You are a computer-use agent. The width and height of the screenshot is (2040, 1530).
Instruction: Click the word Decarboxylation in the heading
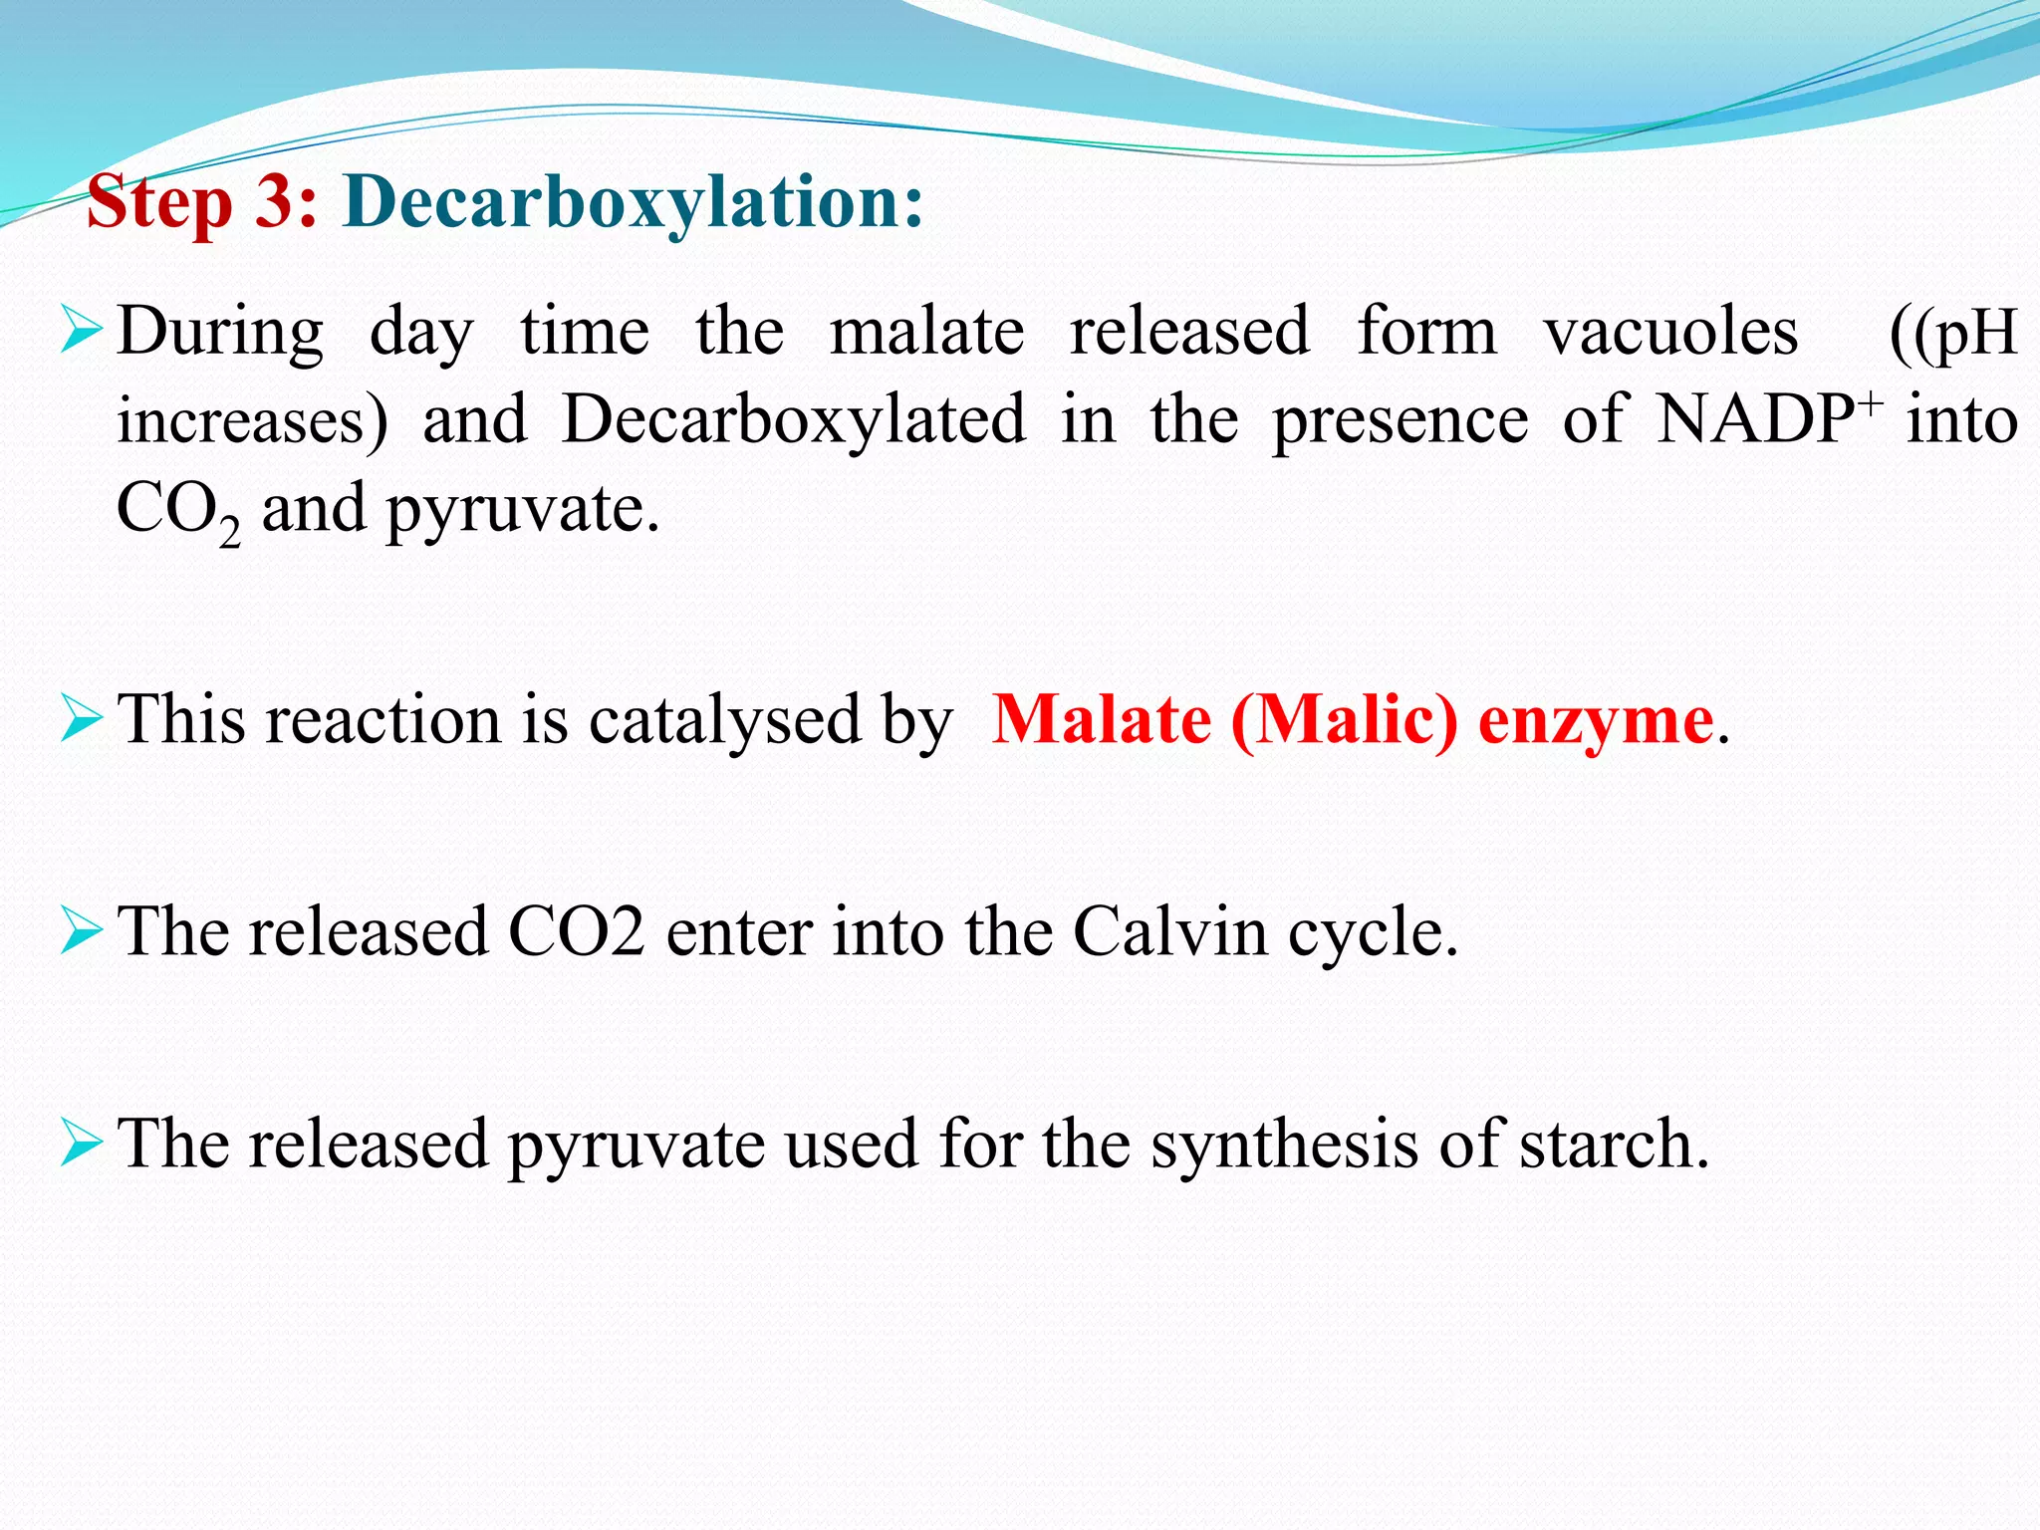click(633, 202)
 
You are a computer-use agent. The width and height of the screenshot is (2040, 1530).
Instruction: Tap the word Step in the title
click(159, 204)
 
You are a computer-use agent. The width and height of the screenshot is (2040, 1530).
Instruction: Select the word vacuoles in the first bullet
click(1671, 332)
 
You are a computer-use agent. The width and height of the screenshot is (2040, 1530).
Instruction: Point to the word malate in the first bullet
click(926, 332)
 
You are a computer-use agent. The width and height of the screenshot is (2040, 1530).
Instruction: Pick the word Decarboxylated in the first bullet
click(794, 419)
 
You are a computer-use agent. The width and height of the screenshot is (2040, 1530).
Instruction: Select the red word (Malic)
click(1345, 720)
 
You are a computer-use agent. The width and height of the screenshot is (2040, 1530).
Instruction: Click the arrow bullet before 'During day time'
click(81, 331)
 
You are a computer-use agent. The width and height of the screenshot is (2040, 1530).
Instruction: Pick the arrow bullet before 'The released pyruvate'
click(81, 1143)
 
